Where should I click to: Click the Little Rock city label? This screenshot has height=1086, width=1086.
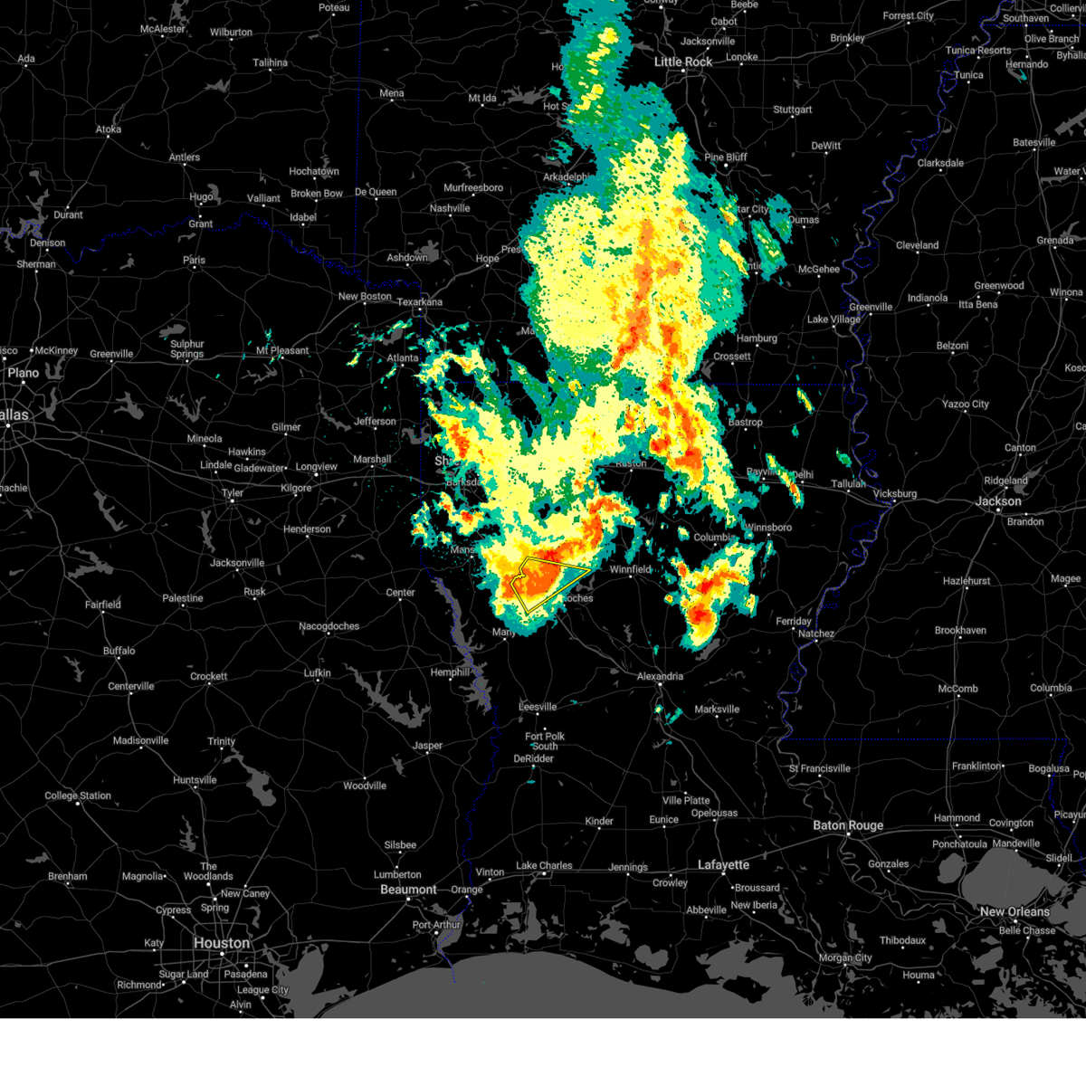(x=683, y=62)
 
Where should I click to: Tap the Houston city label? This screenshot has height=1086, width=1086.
(x=221, y=943)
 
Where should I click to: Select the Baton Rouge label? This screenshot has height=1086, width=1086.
(x=848, y=825)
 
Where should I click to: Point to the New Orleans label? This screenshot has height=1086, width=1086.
(x=1015, y=911)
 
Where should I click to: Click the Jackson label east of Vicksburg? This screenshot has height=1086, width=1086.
(x=998, y=500)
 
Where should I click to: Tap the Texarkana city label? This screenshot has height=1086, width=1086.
(x=419, y=301)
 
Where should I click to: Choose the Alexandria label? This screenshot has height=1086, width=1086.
(x=660, y=676)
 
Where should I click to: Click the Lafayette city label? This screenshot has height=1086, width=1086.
(x=723, y=865)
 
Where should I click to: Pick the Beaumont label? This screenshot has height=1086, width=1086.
(x=408, y=890)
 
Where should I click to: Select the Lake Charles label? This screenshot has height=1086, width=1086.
(x=544, y=866)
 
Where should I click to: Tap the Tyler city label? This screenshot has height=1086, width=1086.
(x=233, y=493)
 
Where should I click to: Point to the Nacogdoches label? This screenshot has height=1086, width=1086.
(x=329, y=626)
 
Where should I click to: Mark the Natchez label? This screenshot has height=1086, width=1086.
(x=815, y=633)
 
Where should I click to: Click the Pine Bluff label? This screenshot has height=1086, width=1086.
(x=726, y=157)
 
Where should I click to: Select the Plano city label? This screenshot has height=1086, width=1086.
(x=24, y=373)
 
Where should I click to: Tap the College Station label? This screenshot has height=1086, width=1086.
(x=78, y=796)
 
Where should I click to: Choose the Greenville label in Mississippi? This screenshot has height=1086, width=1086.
(x=871, y=307)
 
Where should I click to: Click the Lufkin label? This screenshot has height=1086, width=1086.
(x=317, y=672)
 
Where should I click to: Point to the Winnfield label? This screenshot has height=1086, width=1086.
(x=630, y=569)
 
